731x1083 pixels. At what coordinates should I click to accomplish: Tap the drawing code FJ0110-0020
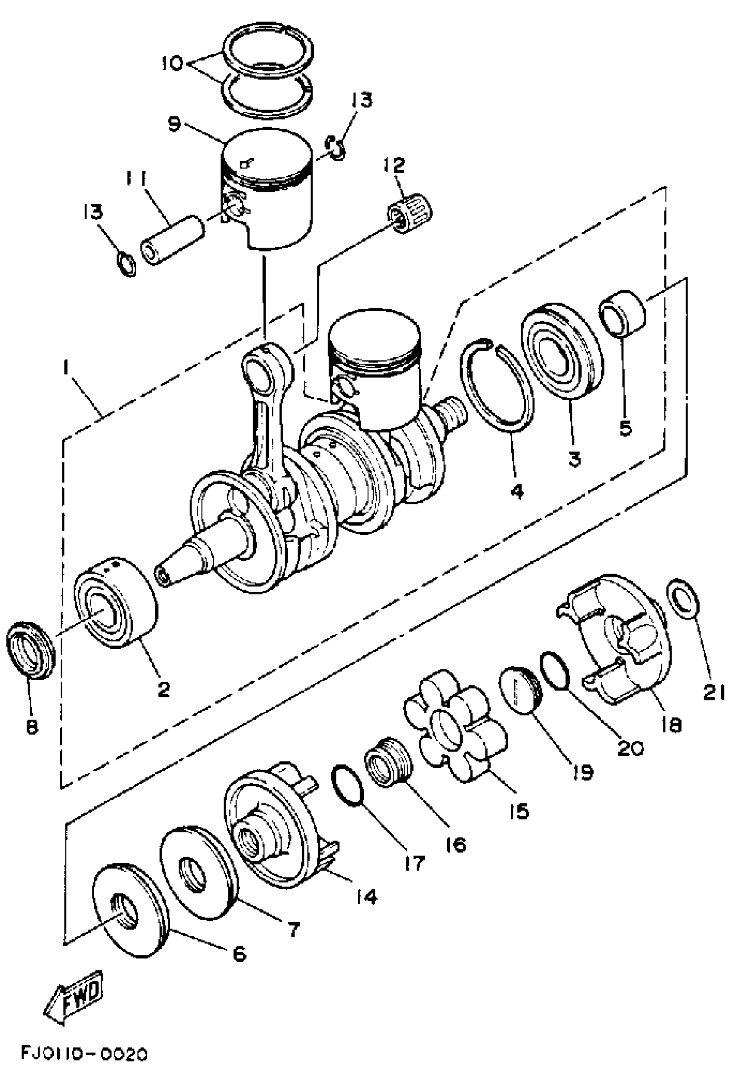(84, 1065)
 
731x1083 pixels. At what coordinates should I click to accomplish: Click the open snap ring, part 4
(496, 383)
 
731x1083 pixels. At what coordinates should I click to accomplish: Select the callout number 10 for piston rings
(172, 63)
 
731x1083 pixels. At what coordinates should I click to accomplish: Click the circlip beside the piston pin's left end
(126, 264)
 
